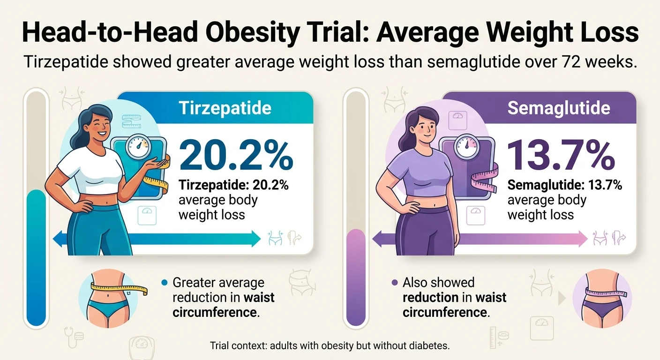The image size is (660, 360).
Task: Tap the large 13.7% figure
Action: click(561, 155)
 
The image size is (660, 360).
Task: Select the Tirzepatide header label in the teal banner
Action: click(225, 108)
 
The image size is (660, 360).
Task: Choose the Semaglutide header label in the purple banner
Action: click(559, 108)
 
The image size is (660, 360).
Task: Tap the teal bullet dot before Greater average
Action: click(164, 283)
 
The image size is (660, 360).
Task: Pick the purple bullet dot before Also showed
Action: click(394, 283)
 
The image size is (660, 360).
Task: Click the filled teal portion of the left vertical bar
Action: click(36, 258)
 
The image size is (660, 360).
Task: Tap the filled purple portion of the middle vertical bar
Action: click(355, 277)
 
